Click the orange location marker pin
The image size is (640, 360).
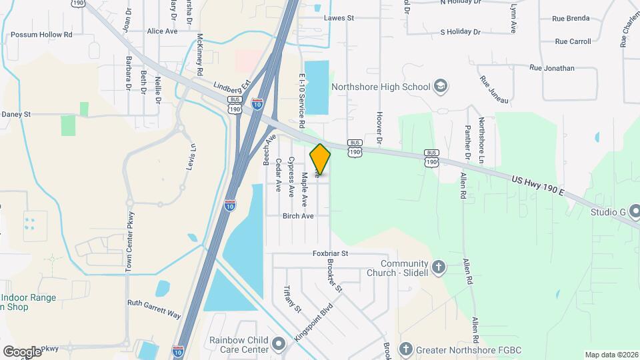click(x=320, y=159)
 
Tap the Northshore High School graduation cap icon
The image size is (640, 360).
click(x=440, y=86)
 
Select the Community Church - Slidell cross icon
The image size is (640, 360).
click(x=438, y=267)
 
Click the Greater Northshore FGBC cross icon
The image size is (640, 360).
click(x=406, y=349)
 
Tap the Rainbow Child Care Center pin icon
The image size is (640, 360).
click(x=278, y=344)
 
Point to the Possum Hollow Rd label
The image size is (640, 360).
click(x=41, y=35)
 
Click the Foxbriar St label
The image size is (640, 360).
click(x=331, y=253)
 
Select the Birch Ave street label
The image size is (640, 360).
click(x=297, y=216)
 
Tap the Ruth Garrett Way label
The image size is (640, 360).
click(x=155, y=308)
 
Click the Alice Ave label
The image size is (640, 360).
click(x=162, y=31)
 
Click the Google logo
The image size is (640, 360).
click(x=22, y=352)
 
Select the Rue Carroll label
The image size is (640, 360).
click(x=573, y=41)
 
